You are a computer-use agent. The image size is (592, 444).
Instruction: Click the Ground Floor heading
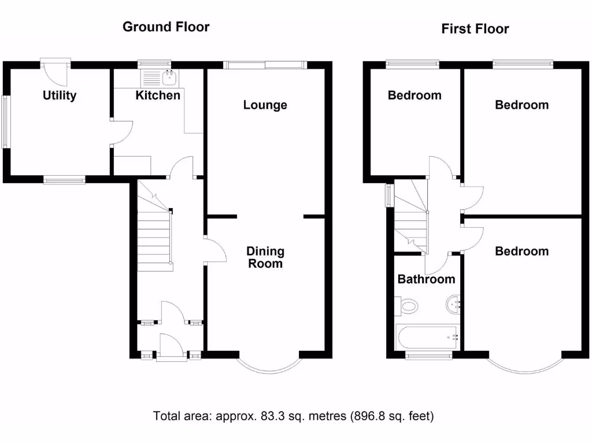click(166, 27)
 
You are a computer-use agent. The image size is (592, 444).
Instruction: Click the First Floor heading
click(475, 29)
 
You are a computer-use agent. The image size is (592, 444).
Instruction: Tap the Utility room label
click(60, 96)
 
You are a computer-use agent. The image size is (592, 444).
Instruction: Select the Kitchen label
click(158, 95)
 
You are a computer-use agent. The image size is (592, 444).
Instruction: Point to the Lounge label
click(265, 105)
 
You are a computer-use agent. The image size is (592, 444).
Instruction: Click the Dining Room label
click(265, 257)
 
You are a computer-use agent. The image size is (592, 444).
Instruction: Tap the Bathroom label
click(426, 279)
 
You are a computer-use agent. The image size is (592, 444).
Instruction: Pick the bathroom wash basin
click(453, 304)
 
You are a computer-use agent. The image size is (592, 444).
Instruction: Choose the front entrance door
click(172, 348)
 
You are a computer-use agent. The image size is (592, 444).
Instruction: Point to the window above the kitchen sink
click(155, 64)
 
